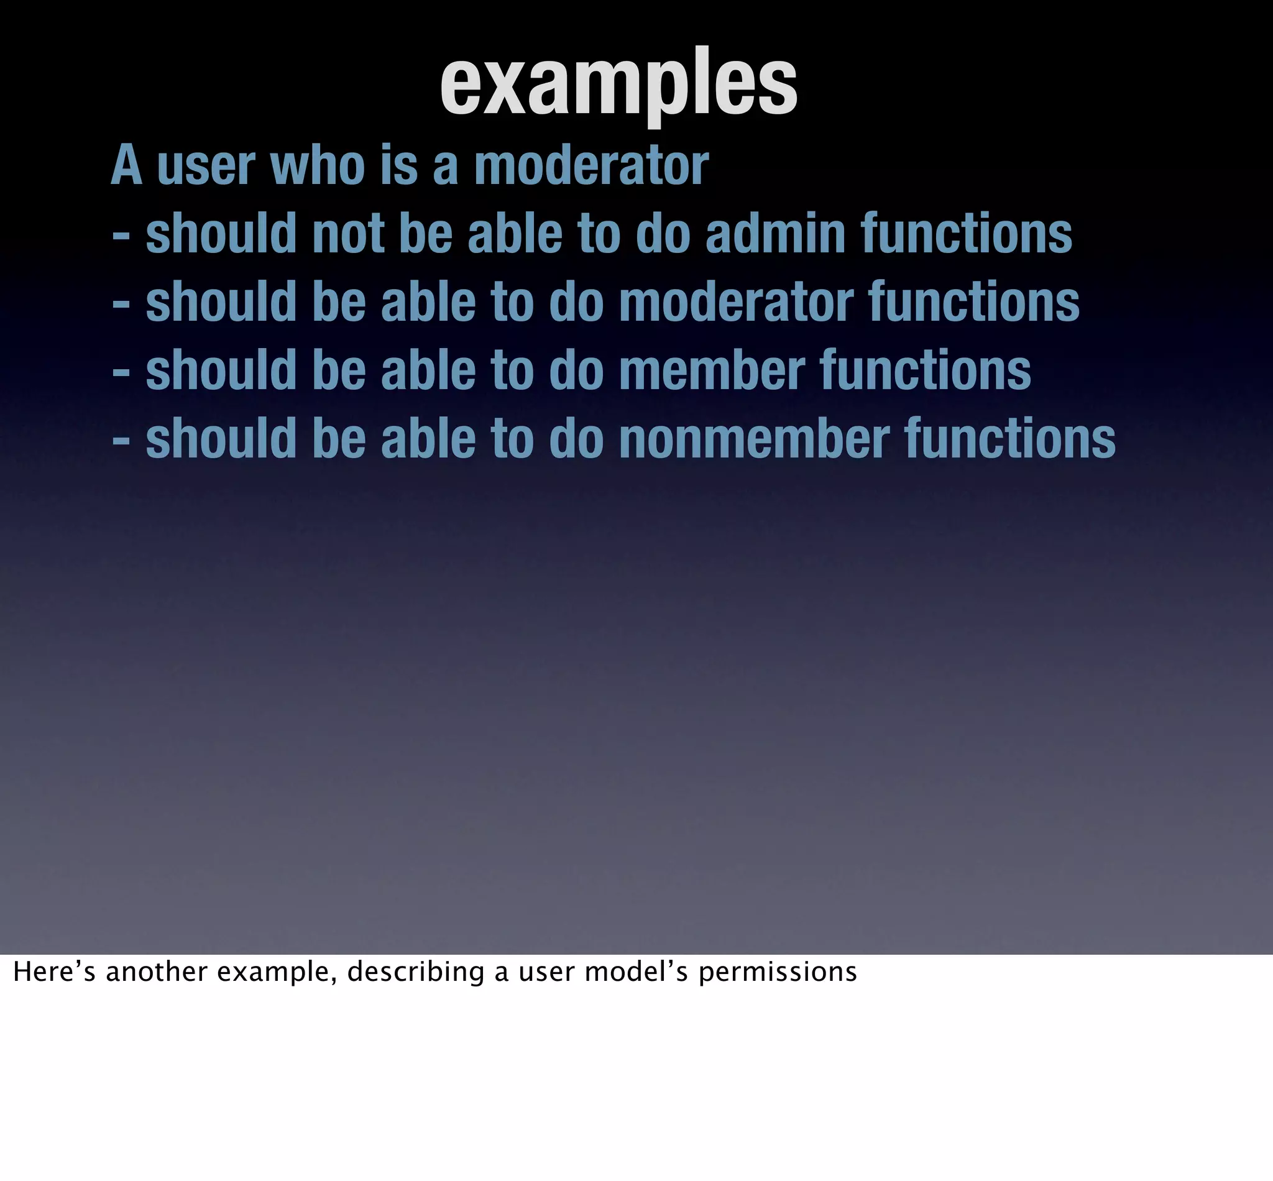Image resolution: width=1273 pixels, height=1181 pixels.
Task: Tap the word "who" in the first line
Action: click(x=318, y=166)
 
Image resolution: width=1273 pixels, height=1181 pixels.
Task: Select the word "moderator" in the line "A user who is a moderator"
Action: click(x=591, y=166)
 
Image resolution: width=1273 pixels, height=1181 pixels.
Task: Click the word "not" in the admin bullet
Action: click(x=348, y=234)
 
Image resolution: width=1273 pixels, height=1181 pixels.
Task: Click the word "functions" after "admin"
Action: click(x=967, y=234)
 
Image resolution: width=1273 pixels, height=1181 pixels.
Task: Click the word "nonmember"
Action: click(x=754, y=439)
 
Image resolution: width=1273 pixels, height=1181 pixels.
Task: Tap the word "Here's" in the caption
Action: click(x=55, y=972)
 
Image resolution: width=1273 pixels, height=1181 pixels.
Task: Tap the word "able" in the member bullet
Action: click(x=428, y=370)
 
